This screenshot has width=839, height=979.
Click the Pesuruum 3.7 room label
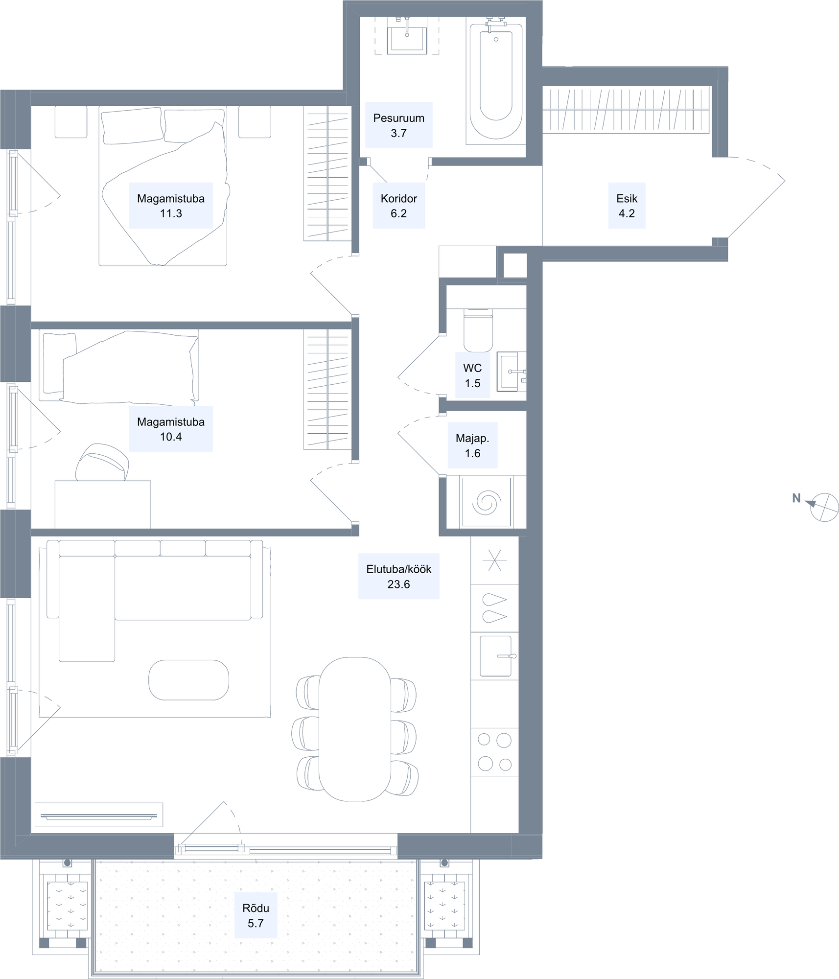[398, 125]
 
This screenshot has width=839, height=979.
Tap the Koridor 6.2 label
[398, 206]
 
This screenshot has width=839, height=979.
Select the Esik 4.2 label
[627, 206]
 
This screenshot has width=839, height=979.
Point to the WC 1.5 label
[472, 375]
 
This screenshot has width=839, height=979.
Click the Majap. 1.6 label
[472, 445]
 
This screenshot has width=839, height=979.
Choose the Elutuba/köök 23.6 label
[398, 576]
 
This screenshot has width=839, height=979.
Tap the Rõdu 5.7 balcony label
[256, 915]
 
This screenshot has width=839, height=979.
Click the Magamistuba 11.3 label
[171, 206]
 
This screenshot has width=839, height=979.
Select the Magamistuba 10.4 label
[171, 429]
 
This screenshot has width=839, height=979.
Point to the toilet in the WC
[478, 330]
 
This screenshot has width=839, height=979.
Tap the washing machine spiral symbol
[487, 502]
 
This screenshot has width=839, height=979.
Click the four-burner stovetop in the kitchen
[494, 752]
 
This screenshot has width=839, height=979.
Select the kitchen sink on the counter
[496, 656]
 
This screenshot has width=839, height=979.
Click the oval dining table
[354, 729]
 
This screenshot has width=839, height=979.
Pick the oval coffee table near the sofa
[188, 680]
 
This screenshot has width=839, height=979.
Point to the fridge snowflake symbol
[494, 560]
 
